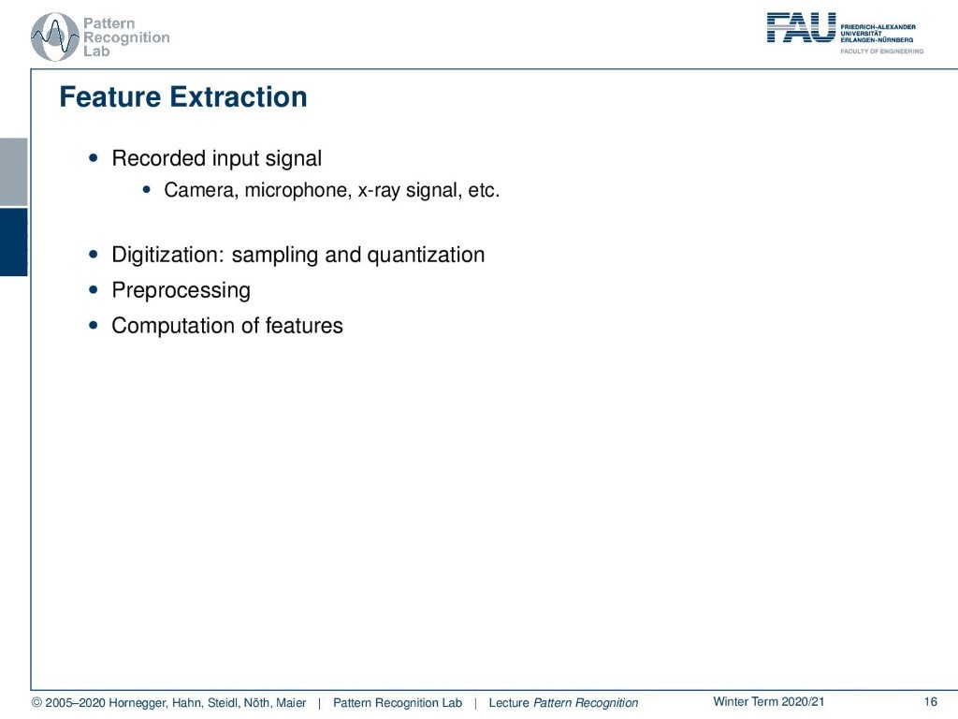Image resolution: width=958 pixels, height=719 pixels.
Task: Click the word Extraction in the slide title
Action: tap(239, 97)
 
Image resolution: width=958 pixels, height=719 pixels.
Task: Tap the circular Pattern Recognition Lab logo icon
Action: tap(54, 37)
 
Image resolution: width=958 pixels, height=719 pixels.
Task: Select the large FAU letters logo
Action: tap(801, 27)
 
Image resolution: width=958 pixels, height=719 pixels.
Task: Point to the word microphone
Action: tap(298, 190)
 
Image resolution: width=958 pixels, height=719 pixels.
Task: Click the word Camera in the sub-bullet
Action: tap(201, 190)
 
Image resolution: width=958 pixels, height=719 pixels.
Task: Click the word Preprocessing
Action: tap(181, 290)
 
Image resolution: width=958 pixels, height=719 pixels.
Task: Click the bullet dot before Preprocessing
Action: tap(93, 290)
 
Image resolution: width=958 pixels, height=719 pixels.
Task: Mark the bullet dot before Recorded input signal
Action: tap(93, 157)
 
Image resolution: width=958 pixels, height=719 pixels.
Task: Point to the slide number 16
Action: tap(931, 702)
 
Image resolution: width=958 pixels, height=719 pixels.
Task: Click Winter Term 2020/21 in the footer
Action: tap(769, 702)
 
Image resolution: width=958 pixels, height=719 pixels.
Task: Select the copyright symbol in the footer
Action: tap(36, 703)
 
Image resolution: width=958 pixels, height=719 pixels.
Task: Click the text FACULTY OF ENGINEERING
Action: tap(881, 51)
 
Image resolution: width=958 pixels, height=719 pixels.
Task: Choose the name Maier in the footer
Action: tap(291, 703)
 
